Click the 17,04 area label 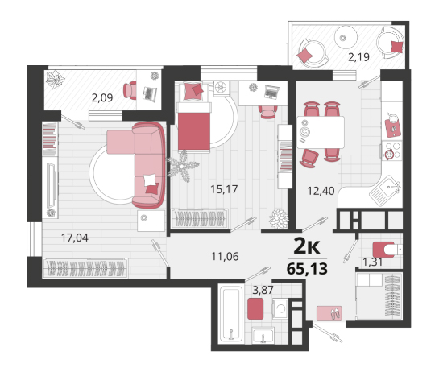tap(75, 238)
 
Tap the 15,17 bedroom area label tap(224, 189)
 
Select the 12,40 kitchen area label tap(321, 191)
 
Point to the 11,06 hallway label tap(225, 257)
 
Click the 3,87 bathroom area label tap(263, 290)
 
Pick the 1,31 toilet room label tap(373, 262)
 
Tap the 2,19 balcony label tap(358, 57)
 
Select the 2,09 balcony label tap(102, 98)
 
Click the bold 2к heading tap(307, 246)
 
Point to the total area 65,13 tap(307, 269)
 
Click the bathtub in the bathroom tap(231, 313)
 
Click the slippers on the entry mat tap(335, 313)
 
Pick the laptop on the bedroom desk tap(271, 92)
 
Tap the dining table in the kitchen tap(321, 132)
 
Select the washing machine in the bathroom tap(280, 308)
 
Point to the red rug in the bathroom tap(255, 308)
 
